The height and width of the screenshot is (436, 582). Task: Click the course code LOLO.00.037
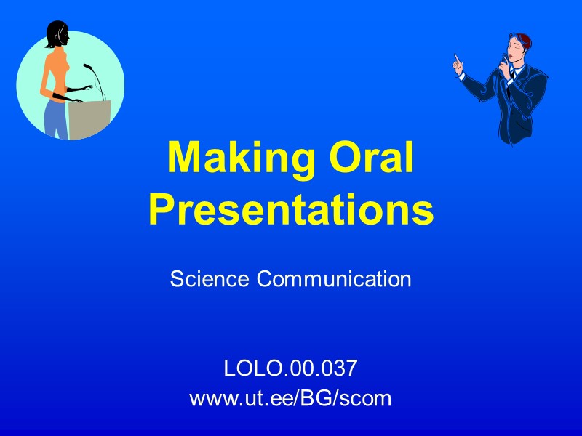click(x=290, y=369)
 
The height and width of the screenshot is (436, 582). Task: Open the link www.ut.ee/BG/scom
click(x=290, y=398)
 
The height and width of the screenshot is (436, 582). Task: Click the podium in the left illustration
click(x=90, y=119)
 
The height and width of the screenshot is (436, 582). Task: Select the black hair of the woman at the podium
click(x=55, y=33)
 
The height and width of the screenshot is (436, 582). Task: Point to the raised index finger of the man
click(x=456, y=58)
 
